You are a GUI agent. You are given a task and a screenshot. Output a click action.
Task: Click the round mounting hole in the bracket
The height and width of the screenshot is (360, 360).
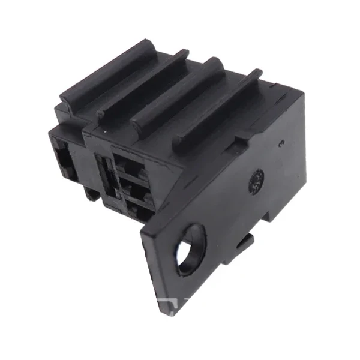click(x=191, y=247)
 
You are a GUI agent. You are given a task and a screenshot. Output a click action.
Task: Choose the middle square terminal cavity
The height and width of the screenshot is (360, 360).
click(x=137, y=191)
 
